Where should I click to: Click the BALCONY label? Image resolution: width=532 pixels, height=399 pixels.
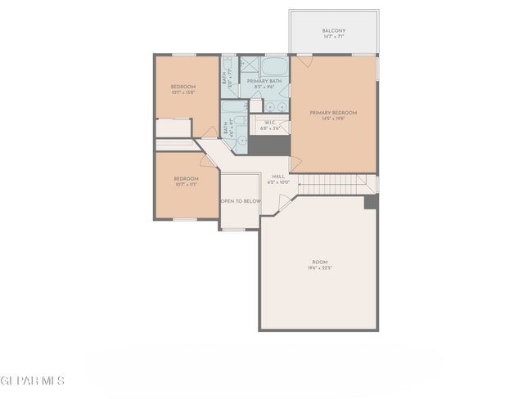pyautogui.click(x=333, y=31)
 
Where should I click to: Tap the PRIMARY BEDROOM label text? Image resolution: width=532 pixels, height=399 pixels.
pyautogui.click(x=333, y=113)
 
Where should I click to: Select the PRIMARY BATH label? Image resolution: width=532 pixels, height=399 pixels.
pyautogui.click(x=264, y=81)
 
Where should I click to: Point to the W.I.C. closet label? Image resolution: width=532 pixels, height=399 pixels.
pyautogui.click(x=271, y=123)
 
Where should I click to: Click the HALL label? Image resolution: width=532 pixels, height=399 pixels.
pyautogui.click(x=278, y=176)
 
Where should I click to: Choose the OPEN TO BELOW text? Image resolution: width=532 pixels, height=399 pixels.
pyautogui.click(x=241, y=200)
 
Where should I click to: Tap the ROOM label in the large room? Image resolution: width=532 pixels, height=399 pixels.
pyautogui.click(x=318, y=262)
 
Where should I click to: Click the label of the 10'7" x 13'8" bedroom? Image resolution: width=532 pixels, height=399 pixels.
pyautogui.click(x=183, y=87)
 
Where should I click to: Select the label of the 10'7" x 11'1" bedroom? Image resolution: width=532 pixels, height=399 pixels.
pyautogui.click(x=186, y=179)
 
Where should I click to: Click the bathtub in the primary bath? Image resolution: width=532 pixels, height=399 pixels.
pyautogui.click(x=273, y=65)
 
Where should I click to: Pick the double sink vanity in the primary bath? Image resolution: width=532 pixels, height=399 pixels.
pyautogui.click(x=276, y=106)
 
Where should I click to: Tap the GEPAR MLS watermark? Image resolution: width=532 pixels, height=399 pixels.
pyautogui.click(x=33, y=381)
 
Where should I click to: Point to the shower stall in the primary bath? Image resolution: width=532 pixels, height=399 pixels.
pyautogui.click(x=249, y=65)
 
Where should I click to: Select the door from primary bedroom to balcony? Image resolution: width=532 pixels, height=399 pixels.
pyautogui.click(x=304, y=61)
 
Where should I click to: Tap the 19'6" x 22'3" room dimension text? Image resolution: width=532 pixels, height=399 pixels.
pyautogui.click(x=318, y=269)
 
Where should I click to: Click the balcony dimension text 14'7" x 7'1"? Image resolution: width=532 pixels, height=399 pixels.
pyautogui.click(x=333, y=38)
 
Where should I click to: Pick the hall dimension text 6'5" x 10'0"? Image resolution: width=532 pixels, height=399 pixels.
pyautogui.click(x=278, y=182)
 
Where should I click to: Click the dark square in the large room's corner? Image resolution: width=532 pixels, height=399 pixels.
pyautogui.click(x=371, y=202)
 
